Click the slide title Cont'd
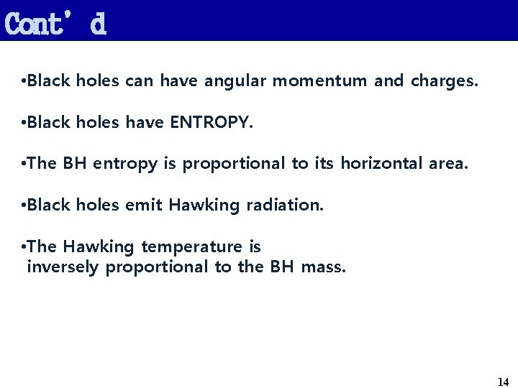coord(55,23)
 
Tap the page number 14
coord(503,382)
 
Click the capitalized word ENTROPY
coord(212,123)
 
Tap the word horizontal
coord(382,164)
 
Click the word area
coord(448,164)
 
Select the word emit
coord(144,205)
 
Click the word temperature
coord(192,247)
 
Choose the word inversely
coord(63,268)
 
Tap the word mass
coord(324,268)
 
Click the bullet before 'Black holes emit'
coord(25,206)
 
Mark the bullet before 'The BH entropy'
coord(25,165)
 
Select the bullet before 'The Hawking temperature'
coord(25,247)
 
